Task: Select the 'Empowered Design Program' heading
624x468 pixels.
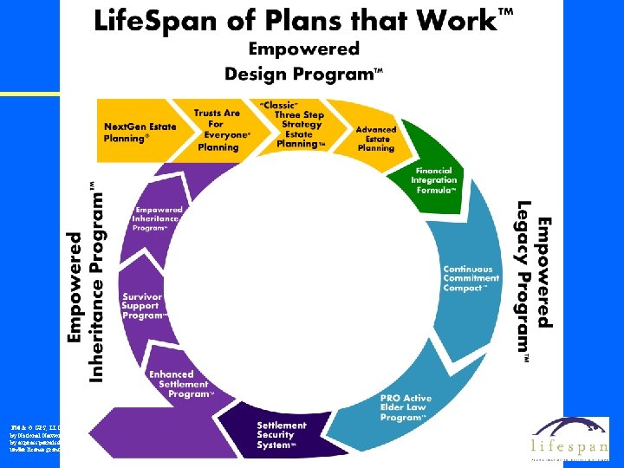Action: (303, 62)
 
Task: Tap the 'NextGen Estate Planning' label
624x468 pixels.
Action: (140, 132)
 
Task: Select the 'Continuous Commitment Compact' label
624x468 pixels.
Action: (471, 278)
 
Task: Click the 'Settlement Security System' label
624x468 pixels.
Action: (282, 435)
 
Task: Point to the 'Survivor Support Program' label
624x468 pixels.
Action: (142, 305)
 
